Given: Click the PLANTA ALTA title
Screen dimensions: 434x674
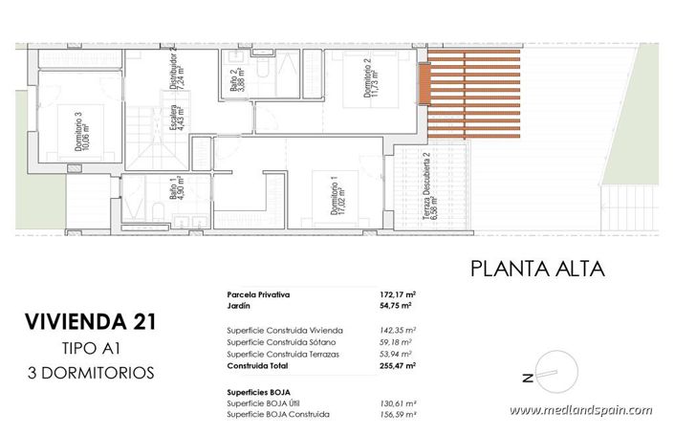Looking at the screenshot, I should tap(537, 269).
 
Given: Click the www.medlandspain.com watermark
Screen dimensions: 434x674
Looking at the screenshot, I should tap(580, 411).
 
